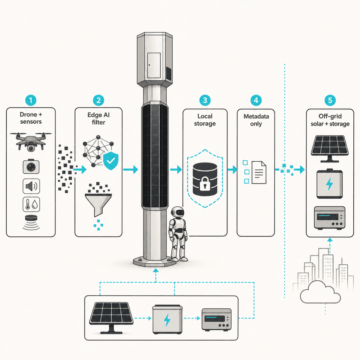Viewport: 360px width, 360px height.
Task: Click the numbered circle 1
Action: point(31,100)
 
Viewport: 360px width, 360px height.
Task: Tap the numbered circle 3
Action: point(205,100)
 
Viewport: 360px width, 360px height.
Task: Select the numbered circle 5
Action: point(330,100)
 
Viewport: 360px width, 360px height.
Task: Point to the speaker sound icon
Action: point(31,186)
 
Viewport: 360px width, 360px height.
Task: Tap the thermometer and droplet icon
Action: point(31,204)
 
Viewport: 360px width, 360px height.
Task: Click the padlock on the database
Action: point(205,184)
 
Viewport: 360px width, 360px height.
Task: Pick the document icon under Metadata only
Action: point(259,172)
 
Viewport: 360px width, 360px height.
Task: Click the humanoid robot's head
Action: point(178,212)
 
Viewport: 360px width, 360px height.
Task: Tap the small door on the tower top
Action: point(154,65)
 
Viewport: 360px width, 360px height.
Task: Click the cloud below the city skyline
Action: point(320,292)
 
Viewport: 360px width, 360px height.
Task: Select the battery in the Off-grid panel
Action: point(329,184)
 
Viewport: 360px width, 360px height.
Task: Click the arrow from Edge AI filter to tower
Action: point(131,170)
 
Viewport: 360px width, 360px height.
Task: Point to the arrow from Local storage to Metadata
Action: point(232,170)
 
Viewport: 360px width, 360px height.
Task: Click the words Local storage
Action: point(205,120)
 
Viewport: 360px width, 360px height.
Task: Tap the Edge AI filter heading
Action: point(98,118)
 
